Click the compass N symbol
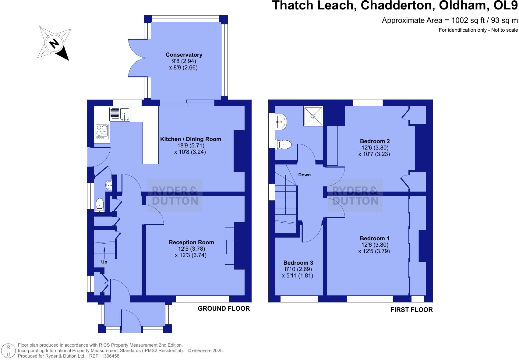tap(54, 43)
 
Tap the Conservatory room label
tap(184, 55)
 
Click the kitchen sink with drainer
tap(120, 114)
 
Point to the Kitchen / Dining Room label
tap(191, 139)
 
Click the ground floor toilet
tap(100, 205)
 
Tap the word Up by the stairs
tap(104, 262)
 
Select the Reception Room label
tap(191, 242)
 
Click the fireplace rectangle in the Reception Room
tap(229, 247)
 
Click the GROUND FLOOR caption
tap(224, 309)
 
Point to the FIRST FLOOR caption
tap(411, 310)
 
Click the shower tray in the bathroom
tap(313, 116)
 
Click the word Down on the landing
tap(304, 175)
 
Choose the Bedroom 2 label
tap(375, 141)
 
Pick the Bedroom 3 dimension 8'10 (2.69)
tap(298, 269)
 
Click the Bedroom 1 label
tap(374, 238)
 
